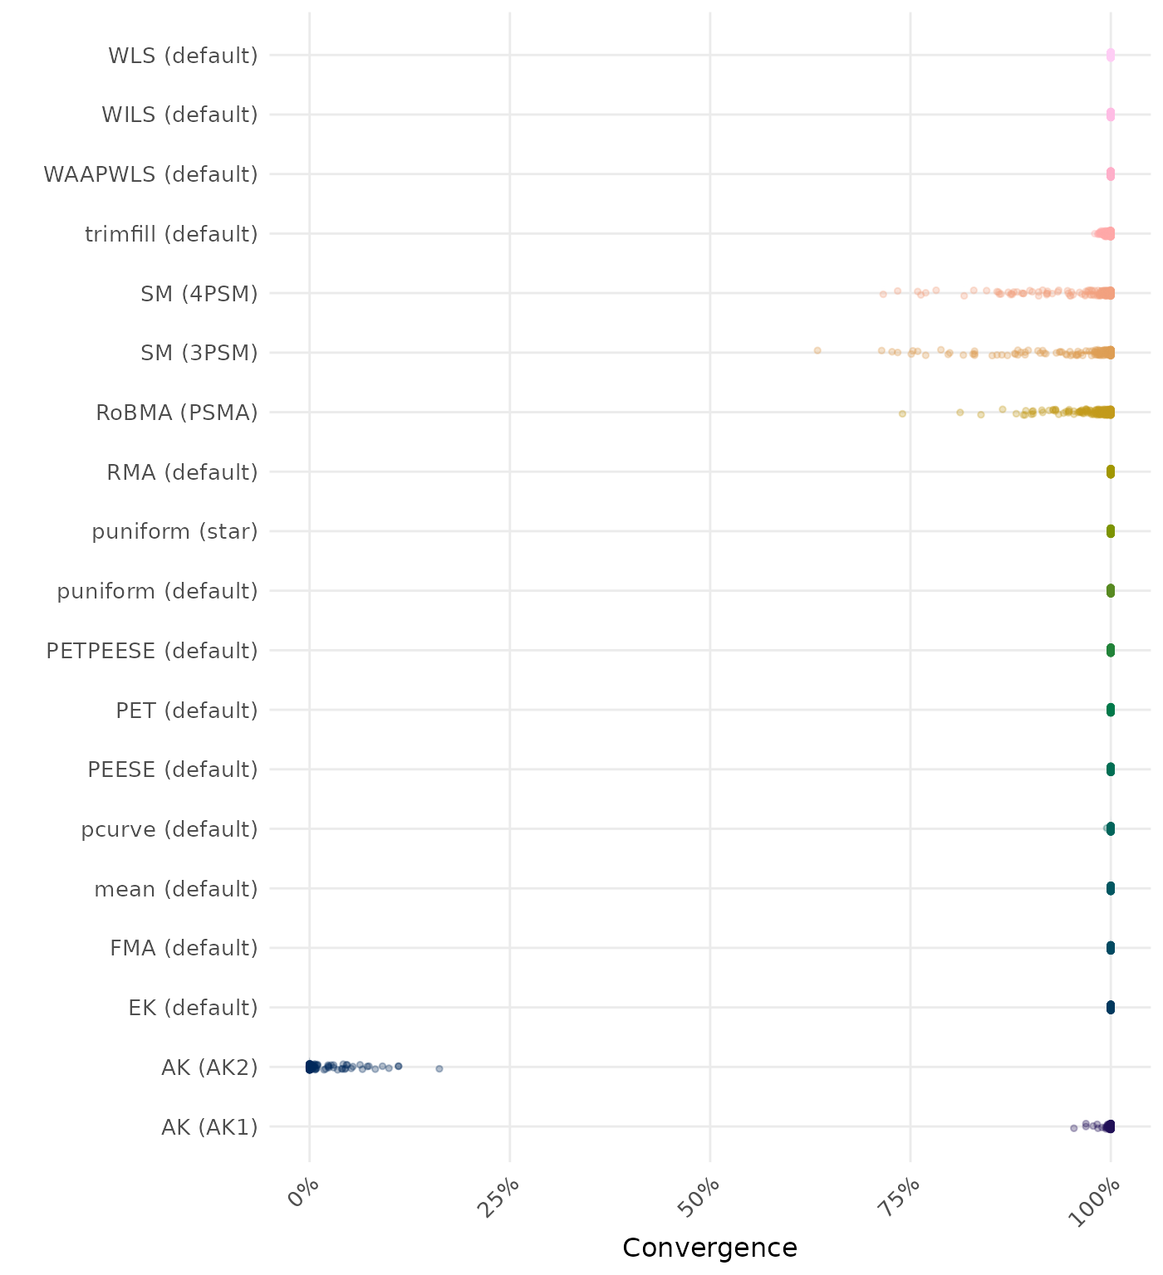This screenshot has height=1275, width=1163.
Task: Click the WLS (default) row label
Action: [183, 56]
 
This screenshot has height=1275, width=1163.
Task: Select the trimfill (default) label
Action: [171, 234]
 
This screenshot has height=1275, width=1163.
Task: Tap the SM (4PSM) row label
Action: [199, 294]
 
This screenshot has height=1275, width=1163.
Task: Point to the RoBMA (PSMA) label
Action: [177, 413]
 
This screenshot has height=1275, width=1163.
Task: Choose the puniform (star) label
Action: [174, 531]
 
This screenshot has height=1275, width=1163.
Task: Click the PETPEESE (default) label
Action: [152, 651]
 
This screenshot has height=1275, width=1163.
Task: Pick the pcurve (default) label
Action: [169, 829]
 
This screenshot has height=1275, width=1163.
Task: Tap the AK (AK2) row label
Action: [209, 1067]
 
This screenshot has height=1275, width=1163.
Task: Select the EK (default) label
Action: [193, 1008]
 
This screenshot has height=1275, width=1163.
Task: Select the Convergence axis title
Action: [709, 1248]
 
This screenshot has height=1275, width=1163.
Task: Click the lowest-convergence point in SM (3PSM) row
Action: [817, 350]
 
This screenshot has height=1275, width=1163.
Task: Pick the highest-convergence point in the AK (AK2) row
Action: [439, 1068]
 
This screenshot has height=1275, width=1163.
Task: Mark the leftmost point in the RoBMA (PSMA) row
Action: [902, 413]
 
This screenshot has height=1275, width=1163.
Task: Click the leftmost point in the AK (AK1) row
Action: [1073, 1127]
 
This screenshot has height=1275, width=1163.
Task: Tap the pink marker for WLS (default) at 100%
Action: [1110, 56]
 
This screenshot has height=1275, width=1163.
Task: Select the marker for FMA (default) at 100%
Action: [1110, 948]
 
